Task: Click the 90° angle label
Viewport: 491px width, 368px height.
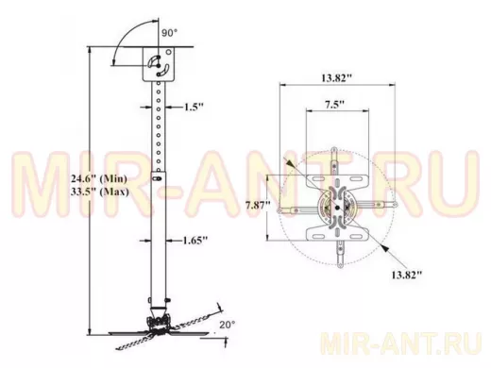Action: point(169,33)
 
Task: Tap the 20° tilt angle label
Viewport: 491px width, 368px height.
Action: point(228,325)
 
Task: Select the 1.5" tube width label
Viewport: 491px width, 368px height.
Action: point(194,107)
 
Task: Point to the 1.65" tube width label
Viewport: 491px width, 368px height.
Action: point(195,241)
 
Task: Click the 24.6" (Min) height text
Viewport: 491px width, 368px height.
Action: point(99,179)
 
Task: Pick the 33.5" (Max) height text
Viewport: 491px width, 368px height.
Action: point(100,192)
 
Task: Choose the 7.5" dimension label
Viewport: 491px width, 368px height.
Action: point(335,104)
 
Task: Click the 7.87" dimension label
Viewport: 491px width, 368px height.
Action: point(258,206)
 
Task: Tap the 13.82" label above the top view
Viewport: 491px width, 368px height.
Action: point(336,77)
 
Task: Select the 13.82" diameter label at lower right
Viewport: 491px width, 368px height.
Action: point(406,275)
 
